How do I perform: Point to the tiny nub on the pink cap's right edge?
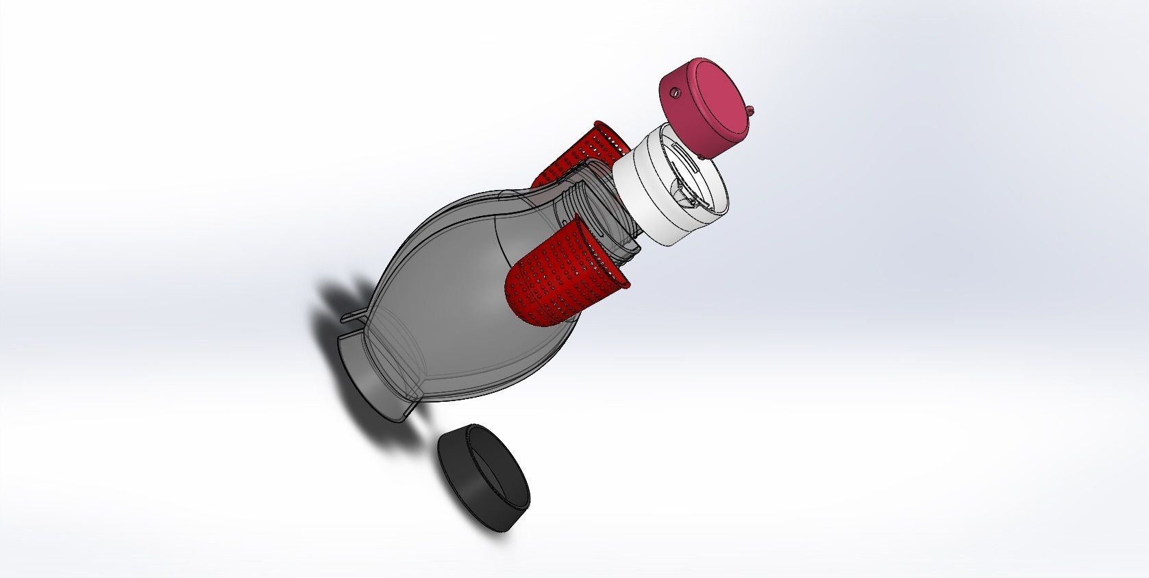pyautogui.click(x=752, y=108)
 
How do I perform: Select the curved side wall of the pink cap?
pyautogui.click(x=678, y=120)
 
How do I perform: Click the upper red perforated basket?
pyautogui.click(x=582, y=154)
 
